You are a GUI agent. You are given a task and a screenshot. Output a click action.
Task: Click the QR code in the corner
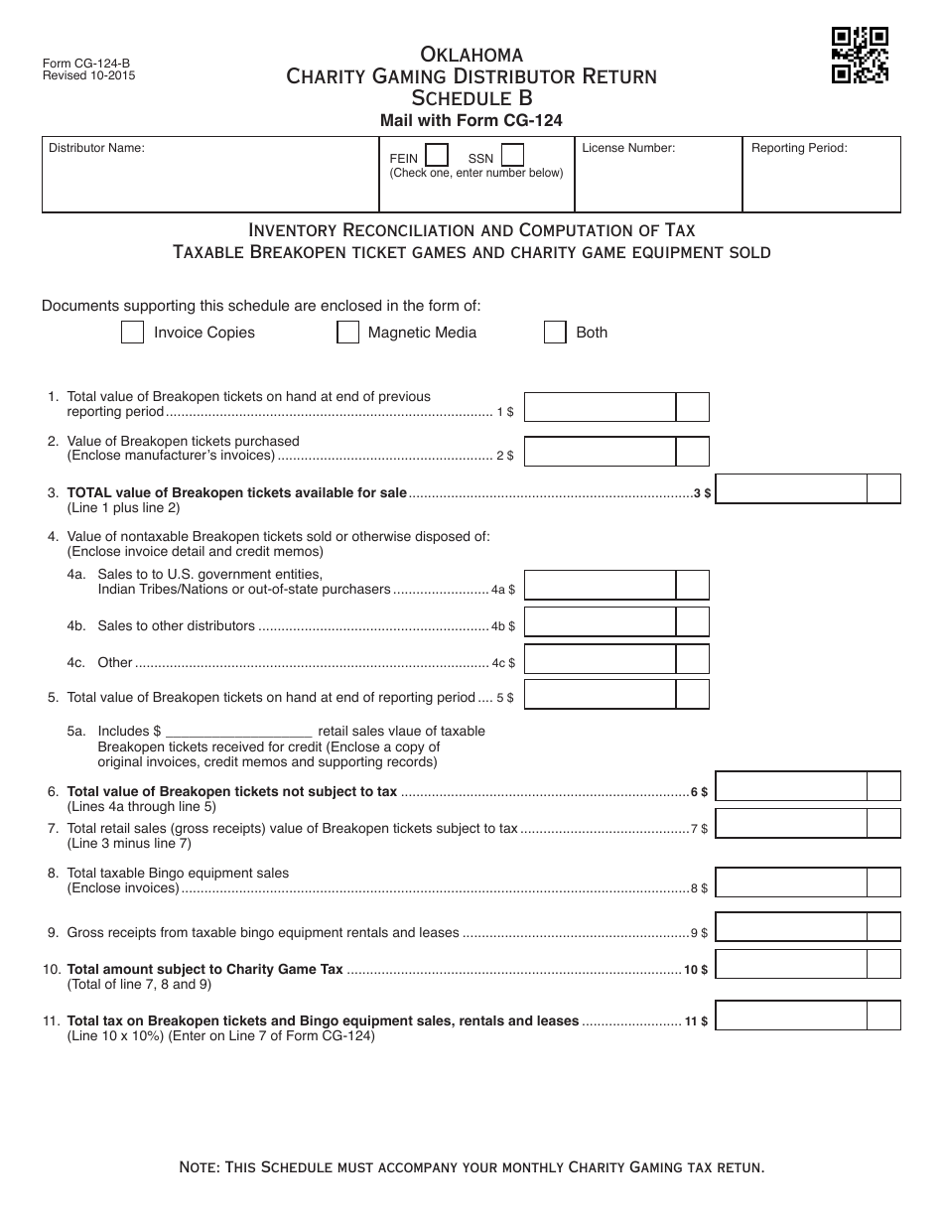click(x=859, y=56)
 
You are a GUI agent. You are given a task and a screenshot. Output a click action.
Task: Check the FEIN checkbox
click(x=436, y=156)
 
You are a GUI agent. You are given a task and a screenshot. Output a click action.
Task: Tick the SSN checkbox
click(x=512, y=156)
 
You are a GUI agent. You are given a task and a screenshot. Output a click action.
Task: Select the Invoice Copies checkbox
click(x=132, y=333)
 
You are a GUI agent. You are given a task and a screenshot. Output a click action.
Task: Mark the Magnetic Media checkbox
click(x=347, y=333)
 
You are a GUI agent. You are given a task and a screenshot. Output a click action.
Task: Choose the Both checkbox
click(x=555, y=333)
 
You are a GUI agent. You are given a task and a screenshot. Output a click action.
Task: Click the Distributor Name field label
click(x=97, y=148)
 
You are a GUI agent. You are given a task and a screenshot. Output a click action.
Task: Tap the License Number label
click(x=628, y=148)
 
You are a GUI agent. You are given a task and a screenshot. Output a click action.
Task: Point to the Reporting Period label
click(x=799, y=148)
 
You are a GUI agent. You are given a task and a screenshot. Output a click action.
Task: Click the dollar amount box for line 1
click(x=600, y=407)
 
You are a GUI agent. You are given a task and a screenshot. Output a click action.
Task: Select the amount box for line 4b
click(x=600, y=622)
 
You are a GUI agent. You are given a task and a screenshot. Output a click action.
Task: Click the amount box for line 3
click(x=791, y=489)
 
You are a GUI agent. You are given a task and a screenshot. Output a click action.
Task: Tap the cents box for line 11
click(x=883, y=1016)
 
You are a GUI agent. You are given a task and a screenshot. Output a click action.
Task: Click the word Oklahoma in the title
click(x=471, y=54)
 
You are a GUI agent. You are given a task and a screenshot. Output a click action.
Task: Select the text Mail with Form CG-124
click(x=471, y=120)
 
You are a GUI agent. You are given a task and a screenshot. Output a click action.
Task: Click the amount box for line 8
click(x=791, y=882)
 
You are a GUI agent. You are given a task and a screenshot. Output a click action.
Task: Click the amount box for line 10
click(x=791, y=964)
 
